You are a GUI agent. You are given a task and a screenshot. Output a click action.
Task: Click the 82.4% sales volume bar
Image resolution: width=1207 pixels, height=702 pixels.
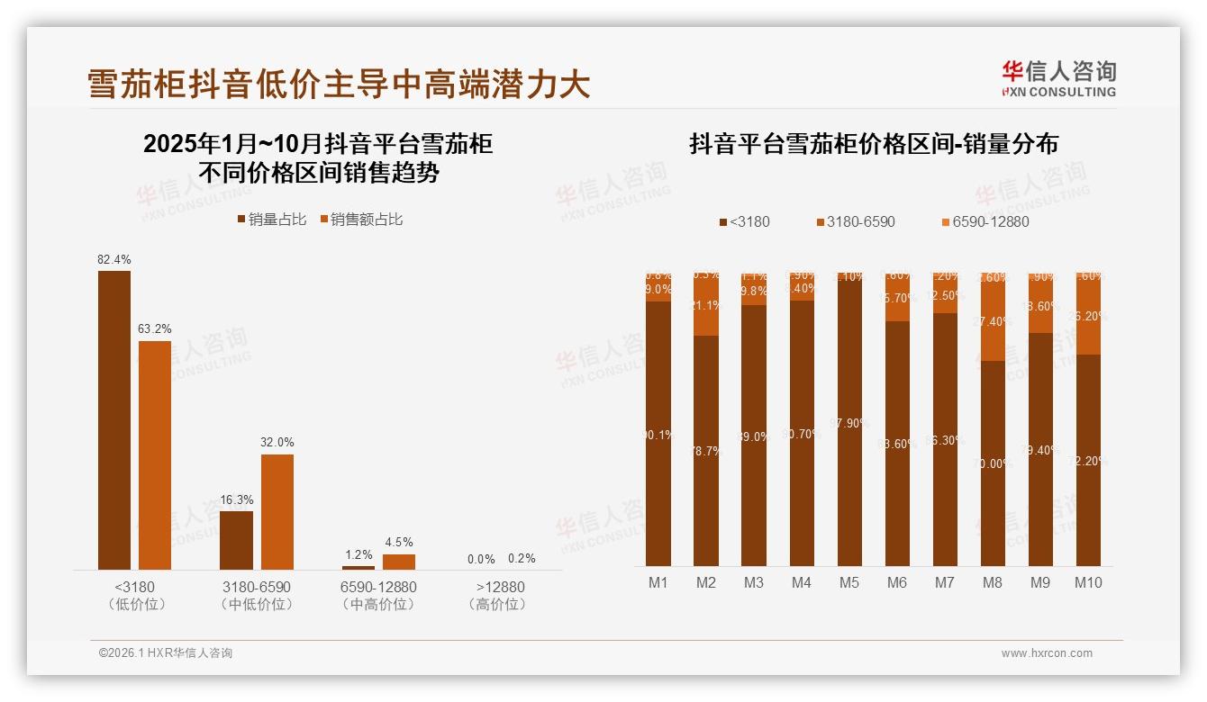(114, 419)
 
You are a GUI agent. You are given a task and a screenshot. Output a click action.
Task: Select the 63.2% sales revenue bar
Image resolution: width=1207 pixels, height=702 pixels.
(155, 454)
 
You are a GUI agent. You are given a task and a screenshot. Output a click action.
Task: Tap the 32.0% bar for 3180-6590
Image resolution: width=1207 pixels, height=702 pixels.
(277, 511)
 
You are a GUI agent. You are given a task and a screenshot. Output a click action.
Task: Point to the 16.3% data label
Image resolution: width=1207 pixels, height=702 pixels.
(237, 499)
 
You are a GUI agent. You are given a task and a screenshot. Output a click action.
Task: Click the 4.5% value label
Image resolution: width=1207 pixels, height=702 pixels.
(398, 542)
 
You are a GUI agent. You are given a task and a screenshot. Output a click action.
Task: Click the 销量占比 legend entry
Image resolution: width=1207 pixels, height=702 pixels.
(271, 220)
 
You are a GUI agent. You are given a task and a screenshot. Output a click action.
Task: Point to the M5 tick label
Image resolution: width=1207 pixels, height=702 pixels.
(849, 582)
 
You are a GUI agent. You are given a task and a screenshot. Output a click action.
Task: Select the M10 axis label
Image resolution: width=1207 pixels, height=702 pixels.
(1088, 582)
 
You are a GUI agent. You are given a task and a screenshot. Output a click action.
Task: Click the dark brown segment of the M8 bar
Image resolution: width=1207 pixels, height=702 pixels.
(993, 463)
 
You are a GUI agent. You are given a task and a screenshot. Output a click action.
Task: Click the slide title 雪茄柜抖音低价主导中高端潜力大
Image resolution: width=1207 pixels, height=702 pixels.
(339, 84)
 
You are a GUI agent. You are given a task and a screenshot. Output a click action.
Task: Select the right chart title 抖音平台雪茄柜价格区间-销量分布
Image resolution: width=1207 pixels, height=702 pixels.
(873, 144)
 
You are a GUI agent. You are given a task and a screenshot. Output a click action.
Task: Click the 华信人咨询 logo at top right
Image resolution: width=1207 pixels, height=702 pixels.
(1058, 78)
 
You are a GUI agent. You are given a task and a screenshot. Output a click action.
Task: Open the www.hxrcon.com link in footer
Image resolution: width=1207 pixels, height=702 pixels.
(1047, 653)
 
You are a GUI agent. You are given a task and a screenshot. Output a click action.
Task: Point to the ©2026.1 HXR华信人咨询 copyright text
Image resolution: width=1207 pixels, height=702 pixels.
(166, 653)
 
